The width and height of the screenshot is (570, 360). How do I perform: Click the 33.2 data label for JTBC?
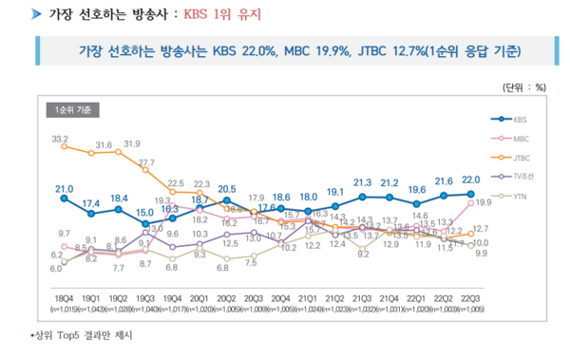(63, 138)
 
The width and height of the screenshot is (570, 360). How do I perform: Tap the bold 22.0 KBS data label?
(471, 180)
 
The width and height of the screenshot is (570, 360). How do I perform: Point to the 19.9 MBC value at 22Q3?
(483, 203)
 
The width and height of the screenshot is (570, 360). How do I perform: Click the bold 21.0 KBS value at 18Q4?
(63, 188)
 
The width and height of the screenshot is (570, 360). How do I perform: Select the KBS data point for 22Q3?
(471, 193)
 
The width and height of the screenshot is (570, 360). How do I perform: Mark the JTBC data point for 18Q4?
(63, 147)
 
